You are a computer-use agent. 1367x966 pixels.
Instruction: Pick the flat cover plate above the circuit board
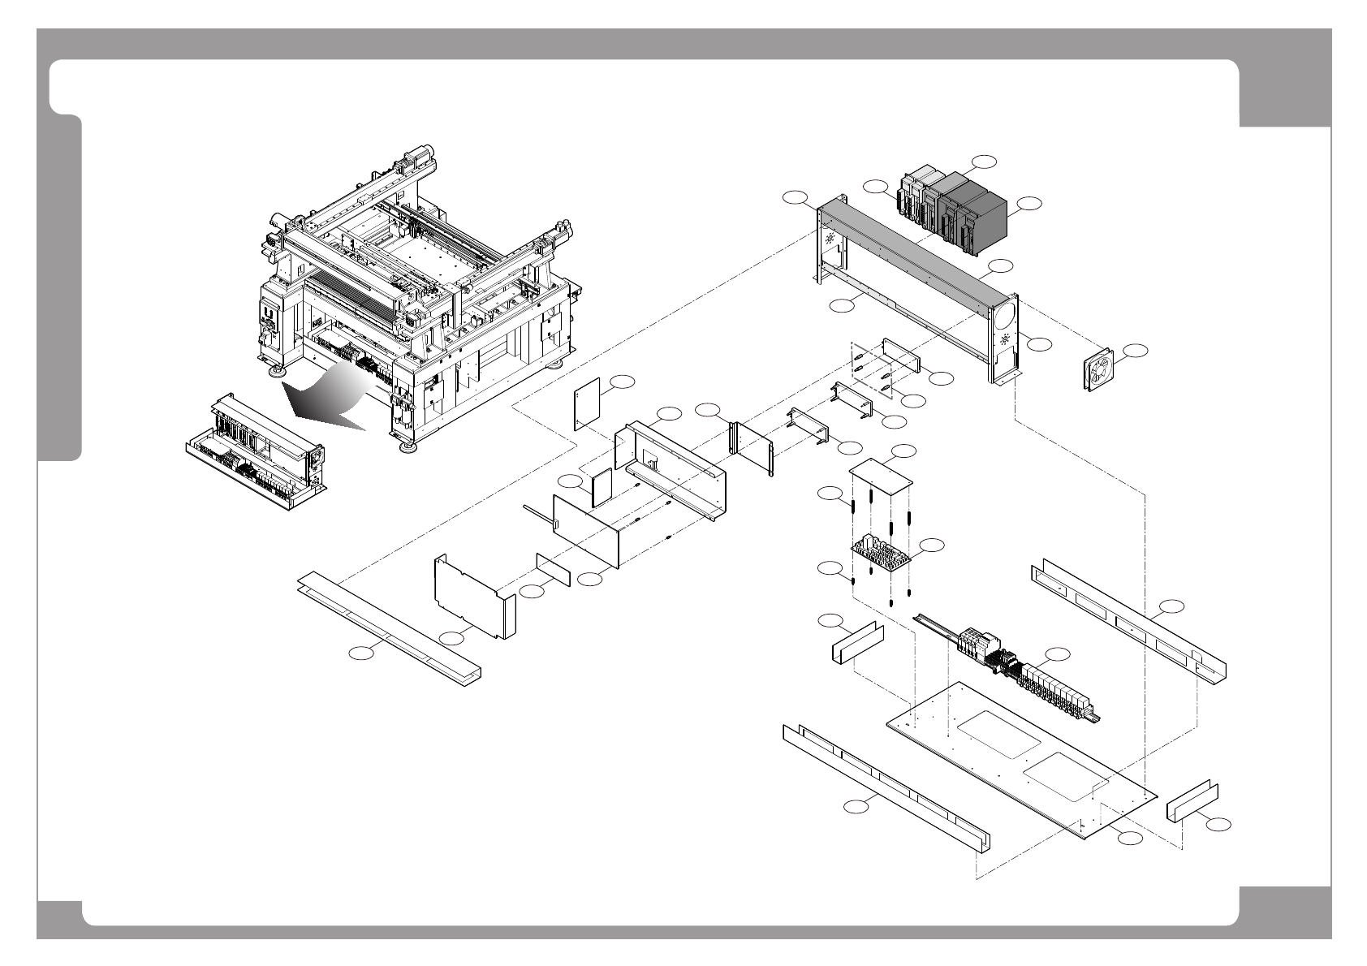pyautogui.click(x=882, y=478)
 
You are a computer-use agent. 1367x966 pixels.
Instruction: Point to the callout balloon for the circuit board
pyautogui.click(x=934, y=545)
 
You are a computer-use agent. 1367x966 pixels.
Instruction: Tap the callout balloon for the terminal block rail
pyautogui.click(x=1057, y=654)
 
